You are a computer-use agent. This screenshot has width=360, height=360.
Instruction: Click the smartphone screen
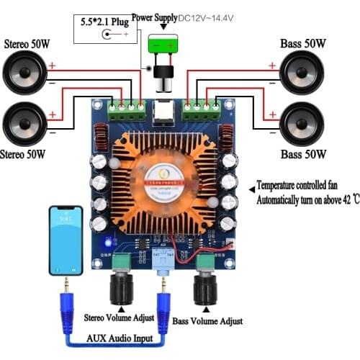[x=66, y=239]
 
